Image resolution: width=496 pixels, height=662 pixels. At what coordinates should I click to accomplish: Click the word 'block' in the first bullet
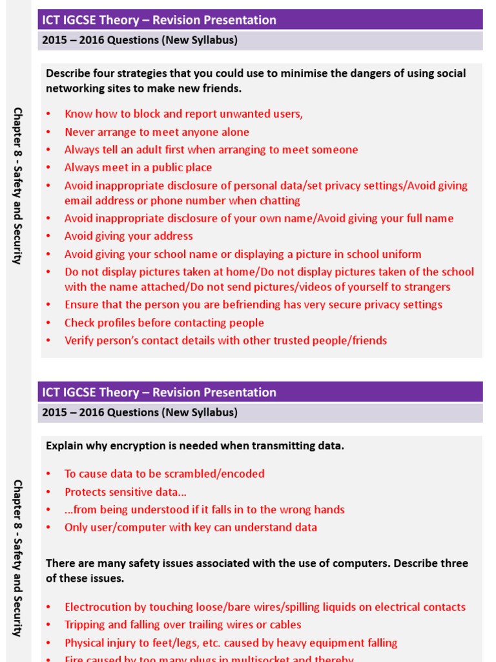[x=147, y=114]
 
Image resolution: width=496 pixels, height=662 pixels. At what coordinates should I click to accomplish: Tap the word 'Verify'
[x=79, y=340]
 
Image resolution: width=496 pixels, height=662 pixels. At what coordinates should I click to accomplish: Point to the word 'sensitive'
[x=135, y=492]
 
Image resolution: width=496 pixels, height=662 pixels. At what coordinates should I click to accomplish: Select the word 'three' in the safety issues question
[x=453, y=563]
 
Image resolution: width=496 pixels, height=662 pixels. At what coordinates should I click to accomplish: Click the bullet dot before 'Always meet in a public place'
[x=48, y=168]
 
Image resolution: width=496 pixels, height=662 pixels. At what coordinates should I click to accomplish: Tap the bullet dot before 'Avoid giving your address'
[x=48, y=237]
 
